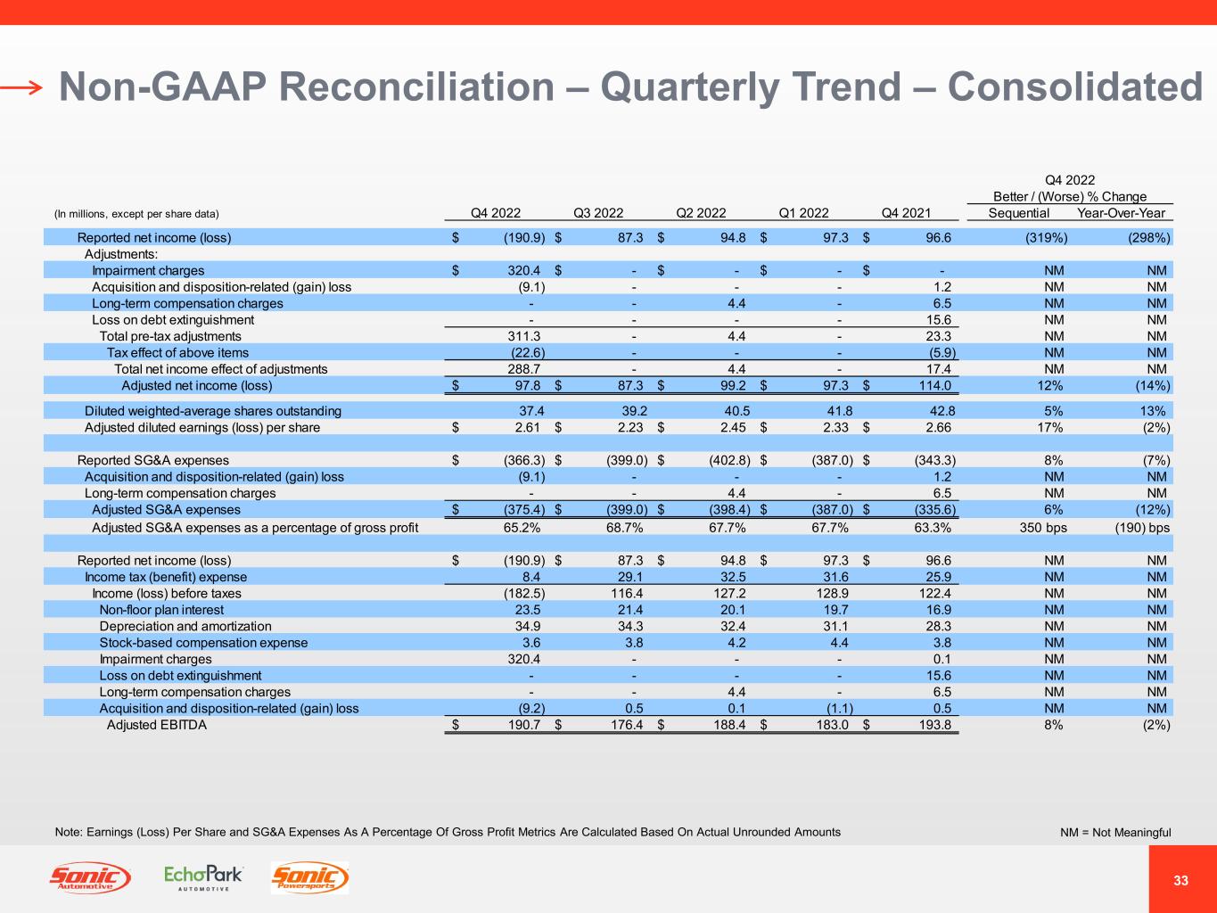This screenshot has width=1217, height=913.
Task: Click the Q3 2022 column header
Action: coord(597,213)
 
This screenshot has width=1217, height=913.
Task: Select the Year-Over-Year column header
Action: coord(1121,213)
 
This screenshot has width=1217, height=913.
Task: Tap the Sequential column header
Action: coord(1019,213)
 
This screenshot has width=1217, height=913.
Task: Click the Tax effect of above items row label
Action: coord(177,352)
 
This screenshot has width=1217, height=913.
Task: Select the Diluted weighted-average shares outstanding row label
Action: coord(213,411)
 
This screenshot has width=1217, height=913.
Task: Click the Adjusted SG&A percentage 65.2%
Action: coord(522,528)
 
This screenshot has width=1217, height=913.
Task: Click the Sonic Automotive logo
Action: coord(89,878)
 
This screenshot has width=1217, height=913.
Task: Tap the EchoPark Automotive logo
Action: coord(203,877)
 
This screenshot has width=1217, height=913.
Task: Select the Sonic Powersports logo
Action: coord(309,878)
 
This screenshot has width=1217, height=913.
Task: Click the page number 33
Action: coord(1181,881)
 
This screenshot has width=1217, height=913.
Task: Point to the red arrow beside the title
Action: coord(21,86)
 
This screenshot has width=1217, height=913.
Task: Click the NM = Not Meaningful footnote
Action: coord(1114,833)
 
